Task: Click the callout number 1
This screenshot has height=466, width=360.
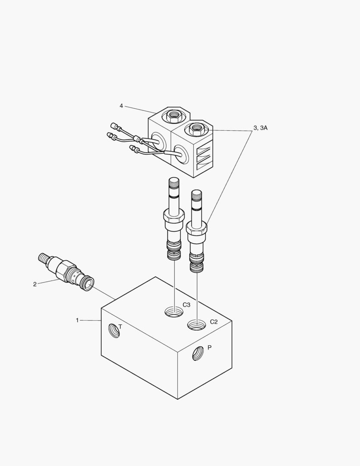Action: click(x=78, y=320)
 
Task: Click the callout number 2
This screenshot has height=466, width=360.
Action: click(x=35, y=284)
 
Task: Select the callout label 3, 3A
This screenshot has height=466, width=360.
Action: click(x=260, y=128)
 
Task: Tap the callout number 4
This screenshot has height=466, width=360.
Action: click(x=121, y=106)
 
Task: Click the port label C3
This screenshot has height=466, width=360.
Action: click(x=186, y=305)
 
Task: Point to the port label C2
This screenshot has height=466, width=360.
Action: click(x=214, y=322)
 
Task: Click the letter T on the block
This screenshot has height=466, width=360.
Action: click(x=120, y=327)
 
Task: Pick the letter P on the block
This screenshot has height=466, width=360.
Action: click(x=210, y=347)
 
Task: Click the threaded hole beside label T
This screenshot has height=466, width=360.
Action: click(x=114, y=331)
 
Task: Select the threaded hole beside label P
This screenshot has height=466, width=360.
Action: click(x=198, y=353)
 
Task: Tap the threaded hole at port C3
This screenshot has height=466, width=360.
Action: click(x=174, y=312)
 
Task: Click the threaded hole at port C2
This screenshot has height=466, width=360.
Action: click(x=197, y=325)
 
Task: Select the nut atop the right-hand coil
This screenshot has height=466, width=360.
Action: click(x=197, y=128)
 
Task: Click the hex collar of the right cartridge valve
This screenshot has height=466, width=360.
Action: click(x=197, y=228)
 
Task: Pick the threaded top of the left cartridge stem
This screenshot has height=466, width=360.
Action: click(x=173, y=184)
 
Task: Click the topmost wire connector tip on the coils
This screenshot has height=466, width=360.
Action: click(x=114, y=126)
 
